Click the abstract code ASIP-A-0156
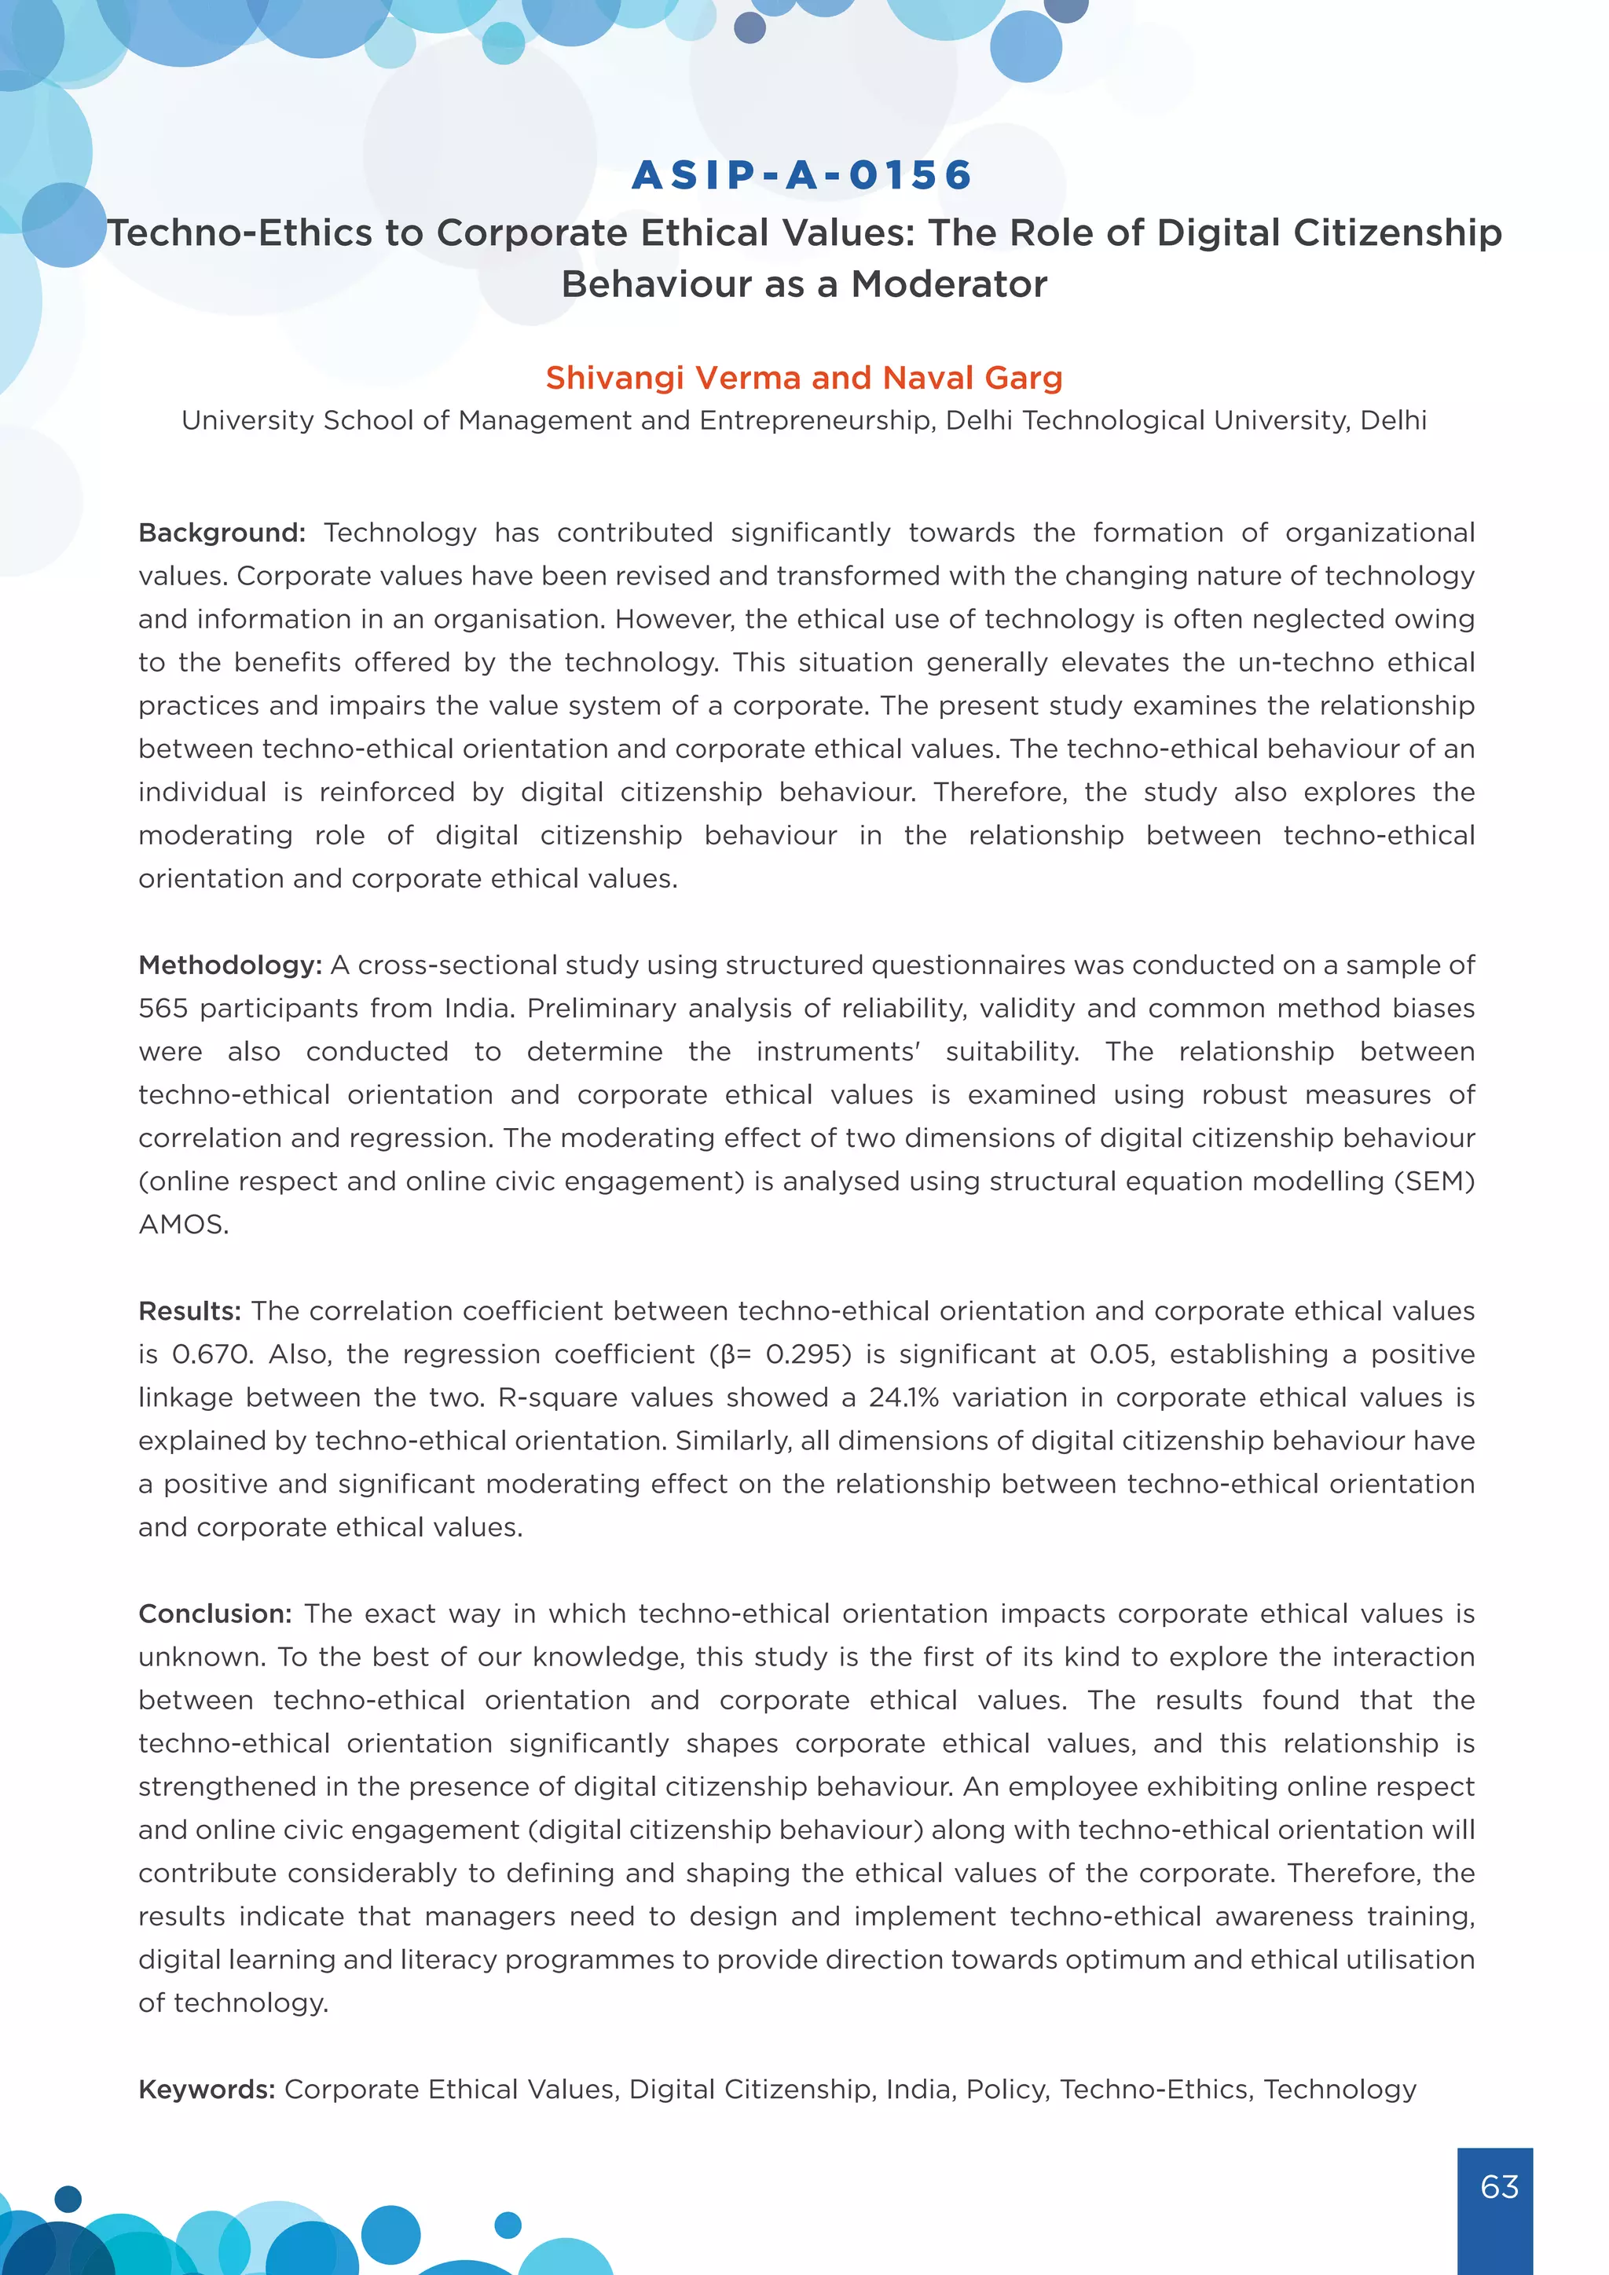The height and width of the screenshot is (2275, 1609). coord(802,175)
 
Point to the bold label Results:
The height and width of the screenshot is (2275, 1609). coord(189,1311)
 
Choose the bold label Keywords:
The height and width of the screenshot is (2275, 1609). coord(206,2089)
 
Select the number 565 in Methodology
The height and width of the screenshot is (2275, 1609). coord(163,1009)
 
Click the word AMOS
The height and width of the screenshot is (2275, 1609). coord(183,1225)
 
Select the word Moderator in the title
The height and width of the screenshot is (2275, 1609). coord(948,284)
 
